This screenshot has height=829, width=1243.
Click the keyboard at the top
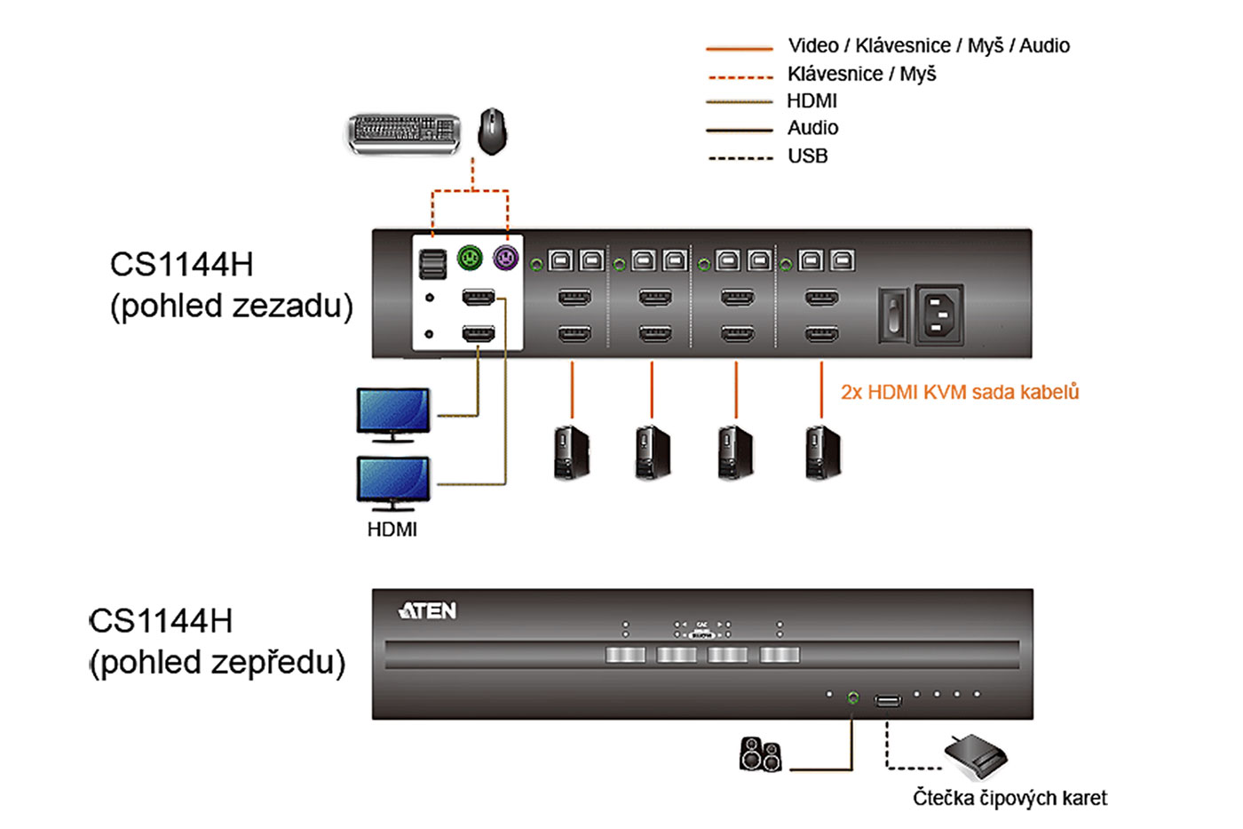(404, 132)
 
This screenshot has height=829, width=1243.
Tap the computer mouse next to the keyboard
(493, 131)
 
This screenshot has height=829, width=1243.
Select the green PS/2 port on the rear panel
(470, 258)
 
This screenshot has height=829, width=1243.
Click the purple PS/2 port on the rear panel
(505, 258)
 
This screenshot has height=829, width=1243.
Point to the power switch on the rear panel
(892, 315)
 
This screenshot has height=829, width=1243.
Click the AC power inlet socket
(938, 313)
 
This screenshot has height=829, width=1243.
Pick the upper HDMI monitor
(393, 412)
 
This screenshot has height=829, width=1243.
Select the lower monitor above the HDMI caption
(393, 482)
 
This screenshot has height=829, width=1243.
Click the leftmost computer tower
(572, 452)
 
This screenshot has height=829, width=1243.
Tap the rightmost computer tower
(822, 452)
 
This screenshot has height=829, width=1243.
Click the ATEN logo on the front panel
(428, 611)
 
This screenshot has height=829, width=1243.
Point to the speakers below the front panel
(761, 754)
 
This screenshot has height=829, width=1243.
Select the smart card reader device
(976, 756)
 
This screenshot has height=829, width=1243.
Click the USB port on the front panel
(888, 701)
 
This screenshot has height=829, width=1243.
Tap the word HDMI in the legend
(812, 101)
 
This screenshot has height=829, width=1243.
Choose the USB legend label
(807, 156)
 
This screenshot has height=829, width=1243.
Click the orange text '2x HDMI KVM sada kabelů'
(960, 392)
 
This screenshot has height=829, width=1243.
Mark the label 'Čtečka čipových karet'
(1009, 798)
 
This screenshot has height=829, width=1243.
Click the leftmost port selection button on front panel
(625, 655)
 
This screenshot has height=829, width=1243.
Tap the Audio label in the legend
(812, 128)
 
